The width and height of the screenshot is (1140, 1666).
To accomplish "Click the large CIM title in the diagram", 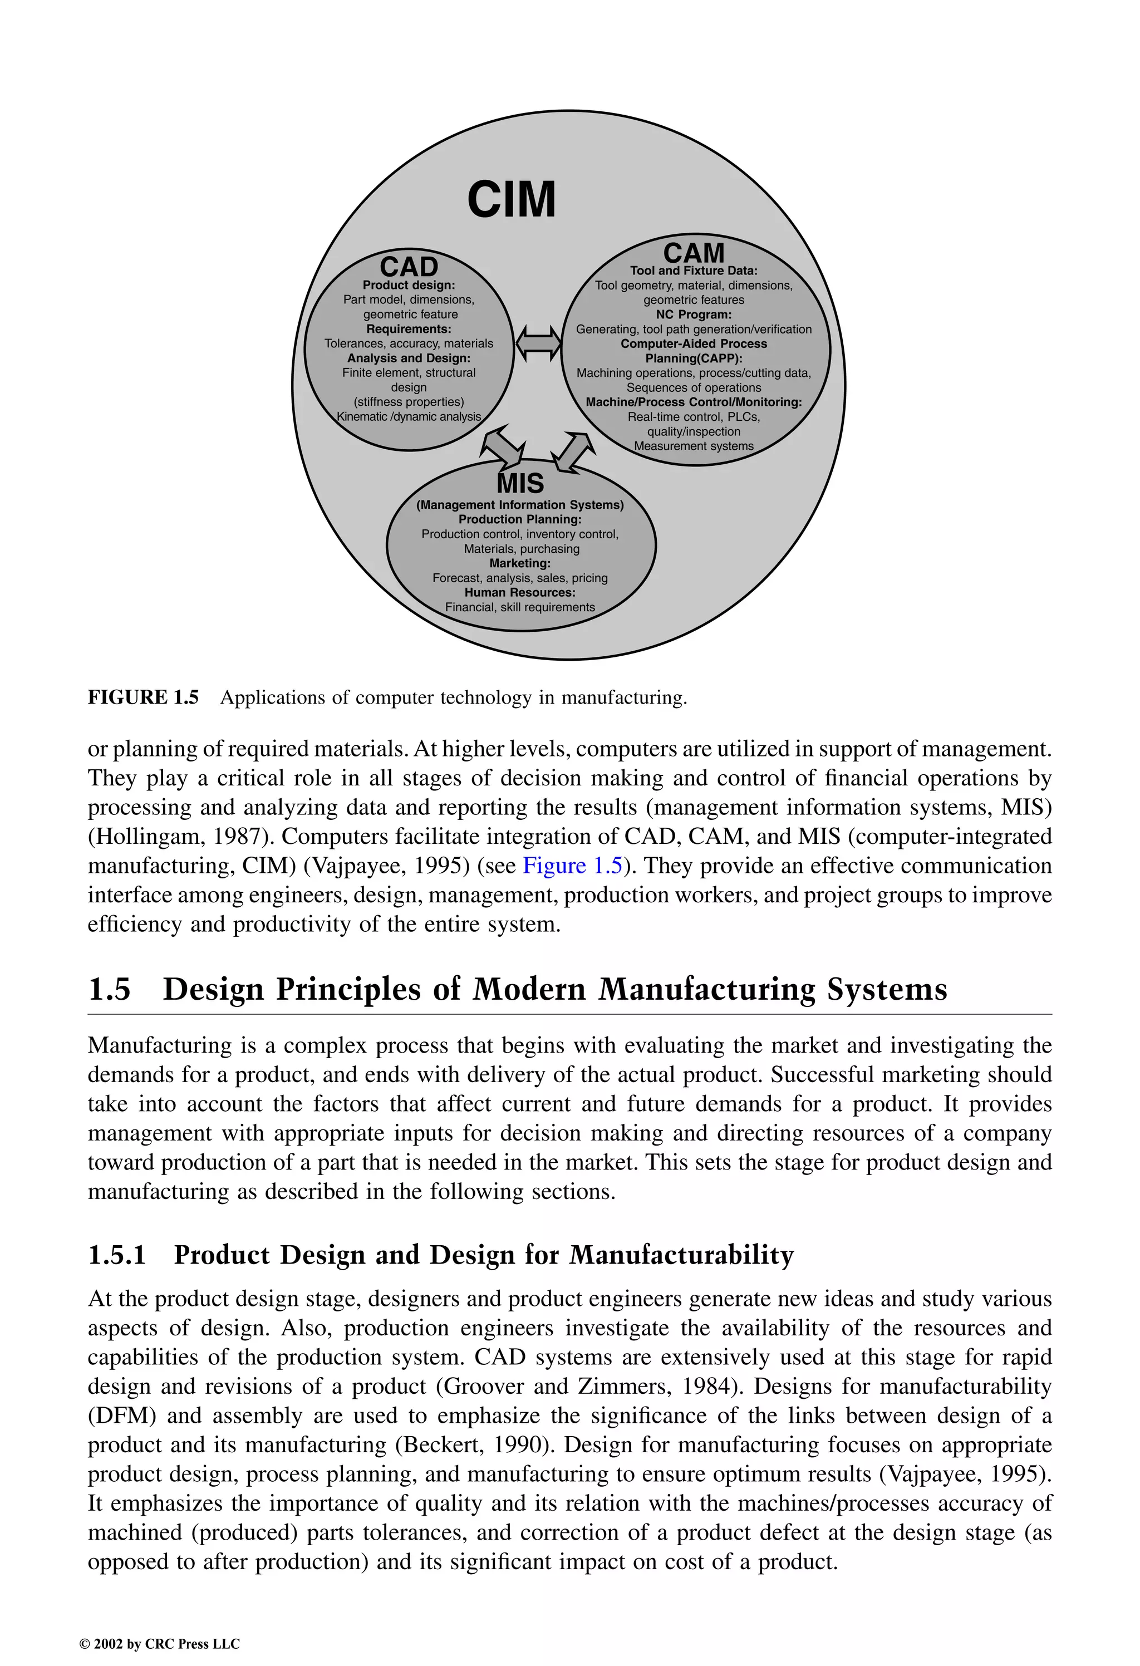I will click(x=511, y=199).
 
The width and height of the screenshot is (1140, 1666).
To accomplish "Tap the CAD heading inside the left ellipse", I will click(x=409, y=267).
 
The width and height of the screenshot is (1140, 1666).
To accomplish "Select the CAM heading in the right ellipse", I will click(x=694, y=252).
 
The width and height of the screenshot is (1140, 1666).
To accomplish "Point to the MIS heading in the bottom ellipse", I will click(x=520, y=483).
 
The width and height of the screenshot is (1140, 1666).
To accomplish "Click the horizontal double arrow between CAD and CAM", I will click(x=538, y=343).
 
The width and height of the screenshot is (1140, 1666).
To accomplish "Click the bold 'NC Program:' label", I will click(x=694, y=314).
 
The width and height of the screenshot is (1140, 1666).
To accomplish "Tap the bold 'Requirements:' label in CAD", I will click(x=409, y=329).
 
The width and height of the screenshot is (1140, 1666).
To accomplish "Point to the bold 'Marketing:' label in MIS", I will click(x=520, y=563).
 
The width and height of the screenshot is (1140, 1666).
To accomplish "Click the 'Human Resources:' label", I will click(x=520, y=593).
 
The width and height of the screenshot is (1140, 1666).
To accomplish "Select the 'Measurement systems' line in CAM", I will click(x=694, y=446).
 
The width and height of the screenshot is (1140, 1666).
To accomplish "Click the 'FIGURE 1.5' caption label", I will click(x=142, y=697).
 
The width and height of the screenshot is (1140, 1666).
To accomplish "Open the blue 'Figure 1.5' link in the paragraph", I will click(x=572, y=866).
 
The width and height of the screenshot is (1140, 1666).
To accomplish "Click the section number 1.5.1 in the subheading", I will click(x=117, y=1255).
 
